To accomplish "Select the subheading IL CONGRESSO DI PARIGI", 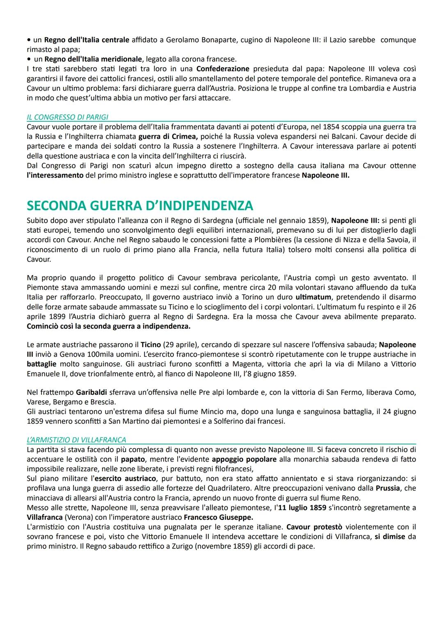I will [x=67, y=117].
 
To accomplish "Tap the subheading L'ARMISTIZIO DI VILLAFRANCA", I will [x=76, y=440].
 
